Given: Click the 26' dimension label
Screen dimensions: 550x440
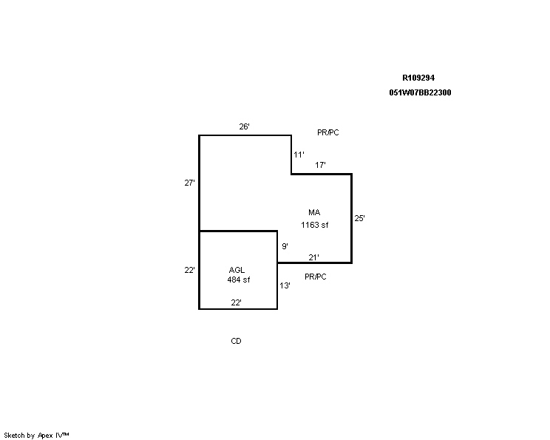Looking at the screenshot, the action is point(244,126).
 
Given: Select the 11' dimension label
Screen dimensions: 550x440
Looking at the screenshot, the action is point(299,155).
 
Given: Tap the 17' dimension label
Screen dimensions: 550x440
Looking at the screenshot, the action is point(320,165).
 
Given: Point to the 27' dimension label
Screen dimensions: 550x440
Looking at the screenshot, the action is point(190,183).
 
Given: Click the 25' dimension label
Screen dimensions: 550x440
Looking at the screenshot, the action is point(359,218).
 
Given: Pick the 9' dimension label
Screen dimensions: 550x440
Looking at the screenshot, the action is point(285,246).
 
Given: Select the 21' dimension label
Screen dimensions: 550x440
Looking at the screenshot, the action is point(314,257).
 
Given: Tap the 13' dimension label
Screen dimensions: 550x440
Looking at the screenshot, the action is point(285,285).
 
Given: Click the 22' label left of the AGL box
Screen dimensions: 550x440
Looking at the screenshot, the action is point(190,270).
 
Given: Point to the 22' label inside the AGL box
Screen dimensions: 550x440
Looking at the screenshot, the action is point(236,302).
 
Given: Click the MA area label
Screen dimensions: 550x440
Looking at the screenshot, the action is point(314,212).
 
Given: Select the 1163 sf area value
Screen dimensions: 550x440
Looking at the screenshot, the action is point(315,225).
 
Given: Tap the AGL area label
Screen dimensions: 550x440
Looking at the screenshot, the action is point(237,270).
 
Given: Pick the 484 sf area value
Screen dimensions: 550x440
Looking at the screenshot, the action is point(239,280).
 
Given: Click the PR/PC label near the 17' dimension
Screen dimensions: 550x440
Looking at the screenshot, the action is point(328,132).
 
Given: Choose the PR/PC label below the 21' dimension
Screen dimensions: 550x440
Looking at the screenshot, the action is point(316,277).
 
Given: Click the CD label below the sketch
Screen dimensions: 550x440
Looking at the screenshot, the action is point(236,341).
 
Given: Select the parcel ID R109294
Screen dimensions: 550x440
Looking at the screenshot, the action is point(418,78).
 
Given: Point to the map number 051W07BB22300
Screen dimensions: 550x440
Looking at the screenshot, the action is point(420,92).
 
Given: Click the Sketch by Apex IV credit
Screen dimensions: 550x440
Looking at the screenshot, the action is point(36,436).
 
